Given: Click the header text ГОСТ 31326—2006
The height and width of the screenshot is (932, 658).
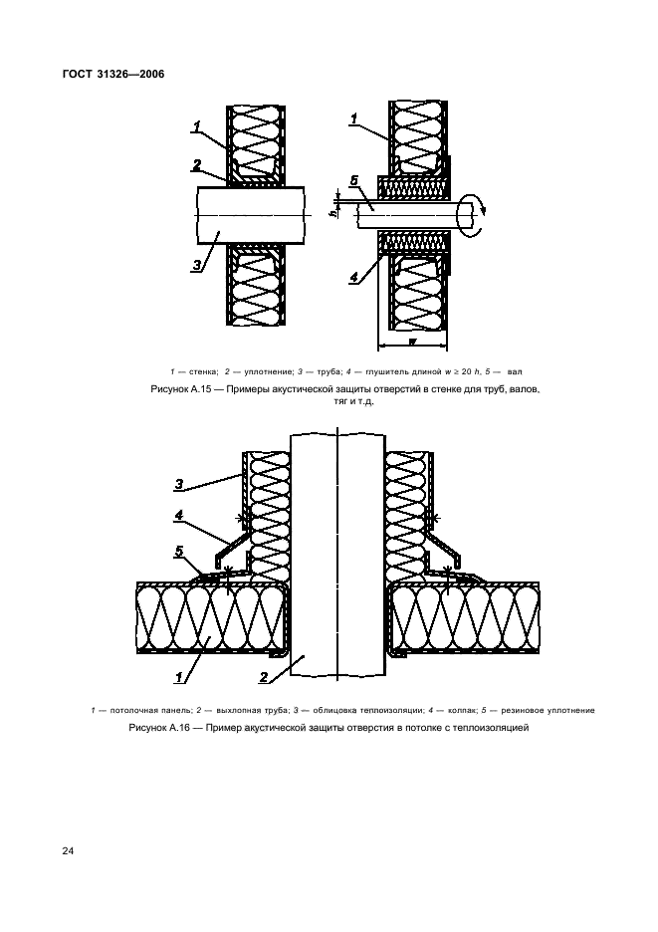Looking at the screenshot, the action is pos(112,75).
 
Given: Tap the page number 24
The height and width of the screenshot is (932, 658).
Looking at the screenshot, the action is pos(68,851).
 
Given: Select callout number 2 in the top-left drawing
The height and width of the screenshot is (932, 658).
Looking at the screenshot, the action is pos(197,165).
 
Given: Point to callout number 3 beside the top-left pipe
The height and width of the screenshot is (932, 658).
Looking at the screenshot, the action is pos(197,265).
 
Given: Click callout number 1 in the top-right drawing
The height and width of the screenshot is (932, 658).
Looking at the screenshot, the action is pos(353,118).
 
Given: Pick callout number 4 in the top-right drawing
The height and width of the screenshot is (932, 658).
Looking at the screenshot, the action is pos(353,277).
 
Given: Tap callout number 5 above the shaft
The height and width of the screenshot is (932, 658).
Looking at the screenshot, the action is pos(353,180).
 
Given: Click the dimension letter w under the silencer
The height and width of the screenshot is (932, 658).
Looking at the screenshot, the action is pos(412,341).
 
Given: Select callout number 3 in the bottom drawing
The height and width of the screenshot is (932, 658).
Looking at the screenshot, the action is pos(179,485).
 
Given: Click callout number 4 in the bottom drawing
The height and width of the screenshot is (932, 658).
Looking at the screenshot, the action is pos(179,516).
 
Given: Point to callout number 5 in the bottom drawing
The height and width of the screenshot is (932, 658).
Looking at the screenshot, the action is pos(179,553).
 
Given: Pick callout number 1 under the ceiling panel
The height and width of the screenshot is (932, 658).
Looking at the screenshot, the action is pos(178,676).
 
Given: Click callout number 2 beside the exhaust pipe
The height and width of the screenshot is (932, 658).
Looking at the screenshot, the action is pos(265,677).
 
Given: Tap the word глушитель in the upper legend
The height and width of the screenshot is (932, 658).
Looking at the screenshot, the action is pos(386,372).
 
